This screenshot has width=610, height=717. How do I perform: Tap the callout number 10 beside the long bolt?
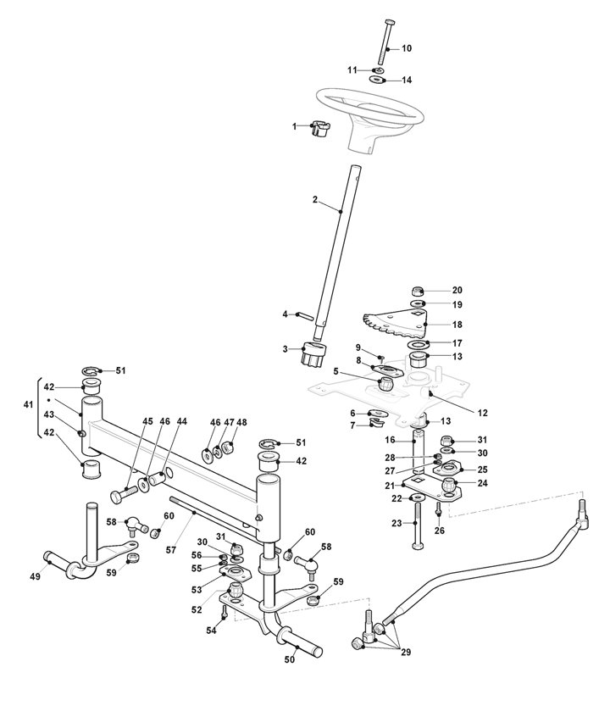point(407,48)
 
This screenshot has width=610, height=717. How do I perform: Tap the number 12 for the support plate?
point(482,413)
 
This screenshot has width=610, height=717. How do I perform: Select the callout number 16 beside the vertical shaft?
point(391,440)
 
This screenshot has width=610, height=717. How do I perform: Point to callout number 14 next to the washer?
point(407,81)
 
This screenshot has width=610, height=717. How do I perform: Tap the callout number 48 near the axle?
point(241,422)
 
